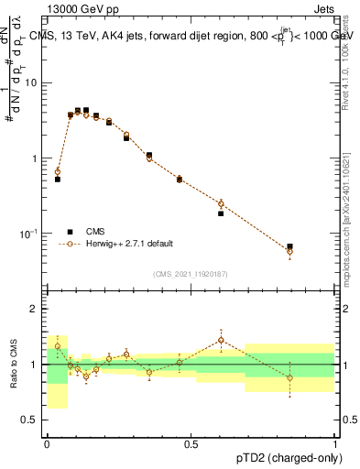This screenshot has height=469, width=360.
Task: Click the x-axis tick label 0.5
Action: click(191, 443)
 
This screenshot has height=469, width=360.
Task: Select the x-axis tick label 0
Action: click(47, 443)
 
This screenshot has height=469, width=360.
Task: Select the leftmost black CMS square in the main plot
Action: click(58, 180)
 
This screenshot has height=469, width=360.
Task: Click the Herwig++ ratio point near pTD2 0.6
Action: click(221, 340)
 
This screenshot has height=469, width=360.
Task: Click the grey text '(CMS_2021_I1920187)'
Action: click(190, 273)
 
